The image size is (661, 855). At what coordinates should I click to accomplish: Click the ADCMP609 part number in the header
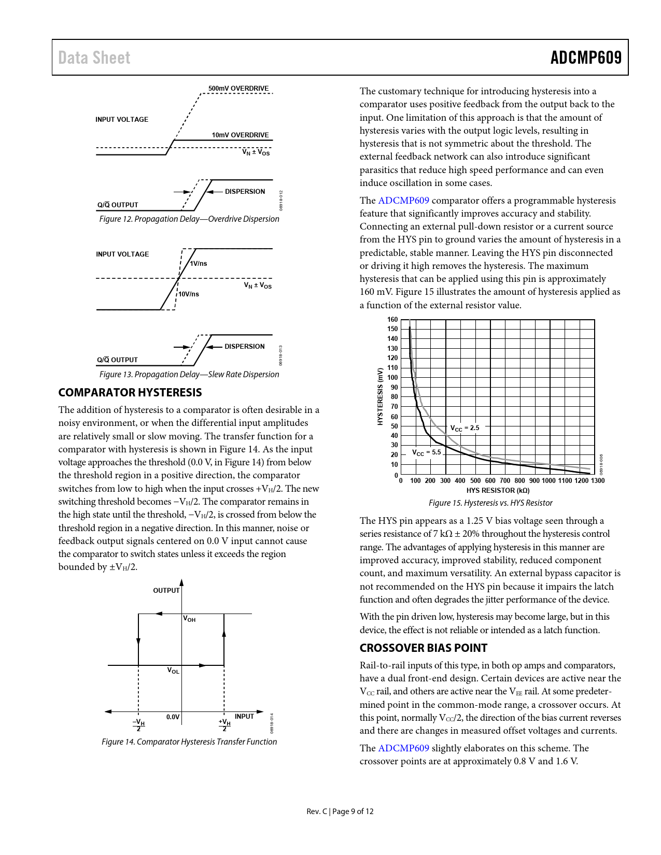(x=586, y=58)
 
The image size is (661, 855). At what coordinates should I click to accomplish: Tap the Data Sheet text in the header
(x=94, y=58)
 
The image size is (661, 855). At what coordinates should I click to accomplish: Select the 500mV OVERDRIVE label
(x=238, y=89)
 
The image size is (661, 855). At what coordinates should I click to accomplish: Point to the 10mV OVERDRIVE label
(x=240, y=135)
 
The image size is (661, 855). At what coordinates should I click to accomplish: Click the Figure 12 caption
(x=189, y=219)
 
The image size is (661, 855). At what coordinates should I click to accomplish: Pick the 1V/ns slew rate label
(x=199, y=264)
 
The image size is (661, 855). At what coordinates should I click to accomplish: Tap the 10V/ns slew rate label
(x=189, y=294)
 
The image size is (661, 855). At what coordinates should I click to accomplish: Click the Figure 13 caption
(x=189, y=375)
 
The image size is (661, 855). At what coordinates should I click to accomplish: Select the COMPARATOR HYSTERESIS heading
(x=130, y=393)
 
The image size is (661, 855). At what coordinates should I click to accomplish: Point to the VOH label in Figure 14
(x=189, y=619)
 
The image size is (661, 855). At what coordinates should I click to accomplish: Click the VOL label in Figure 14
(x=173, y=671)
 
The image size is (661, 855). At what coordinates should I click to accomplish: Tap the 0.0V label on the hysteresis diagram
(x=173, y=717)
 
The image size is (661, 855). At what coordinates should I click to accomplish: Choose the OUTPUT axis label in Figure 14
(x=166, y=591)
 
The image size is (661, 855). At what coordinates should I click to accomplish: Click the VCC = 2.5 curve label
(x=465, y=429)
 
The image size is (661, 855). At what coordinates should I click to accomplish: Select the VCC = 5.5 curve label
(x=426, y=453)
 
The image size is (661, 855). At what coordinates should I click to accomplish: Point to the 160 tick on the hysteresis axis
(x=392, y=320)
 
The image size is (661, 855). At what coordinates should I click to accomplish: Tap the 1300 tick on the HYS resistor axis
(x=598, y=481)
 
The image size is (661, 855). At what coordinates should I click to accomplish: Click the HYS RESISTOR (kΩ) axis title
(x=498, y=491)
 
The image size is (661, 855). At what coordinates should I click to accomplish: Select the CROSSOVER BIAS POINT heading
(x=424, y=648)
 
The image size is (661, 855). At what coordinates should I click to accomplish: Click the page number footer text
(x=340, y=811)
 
